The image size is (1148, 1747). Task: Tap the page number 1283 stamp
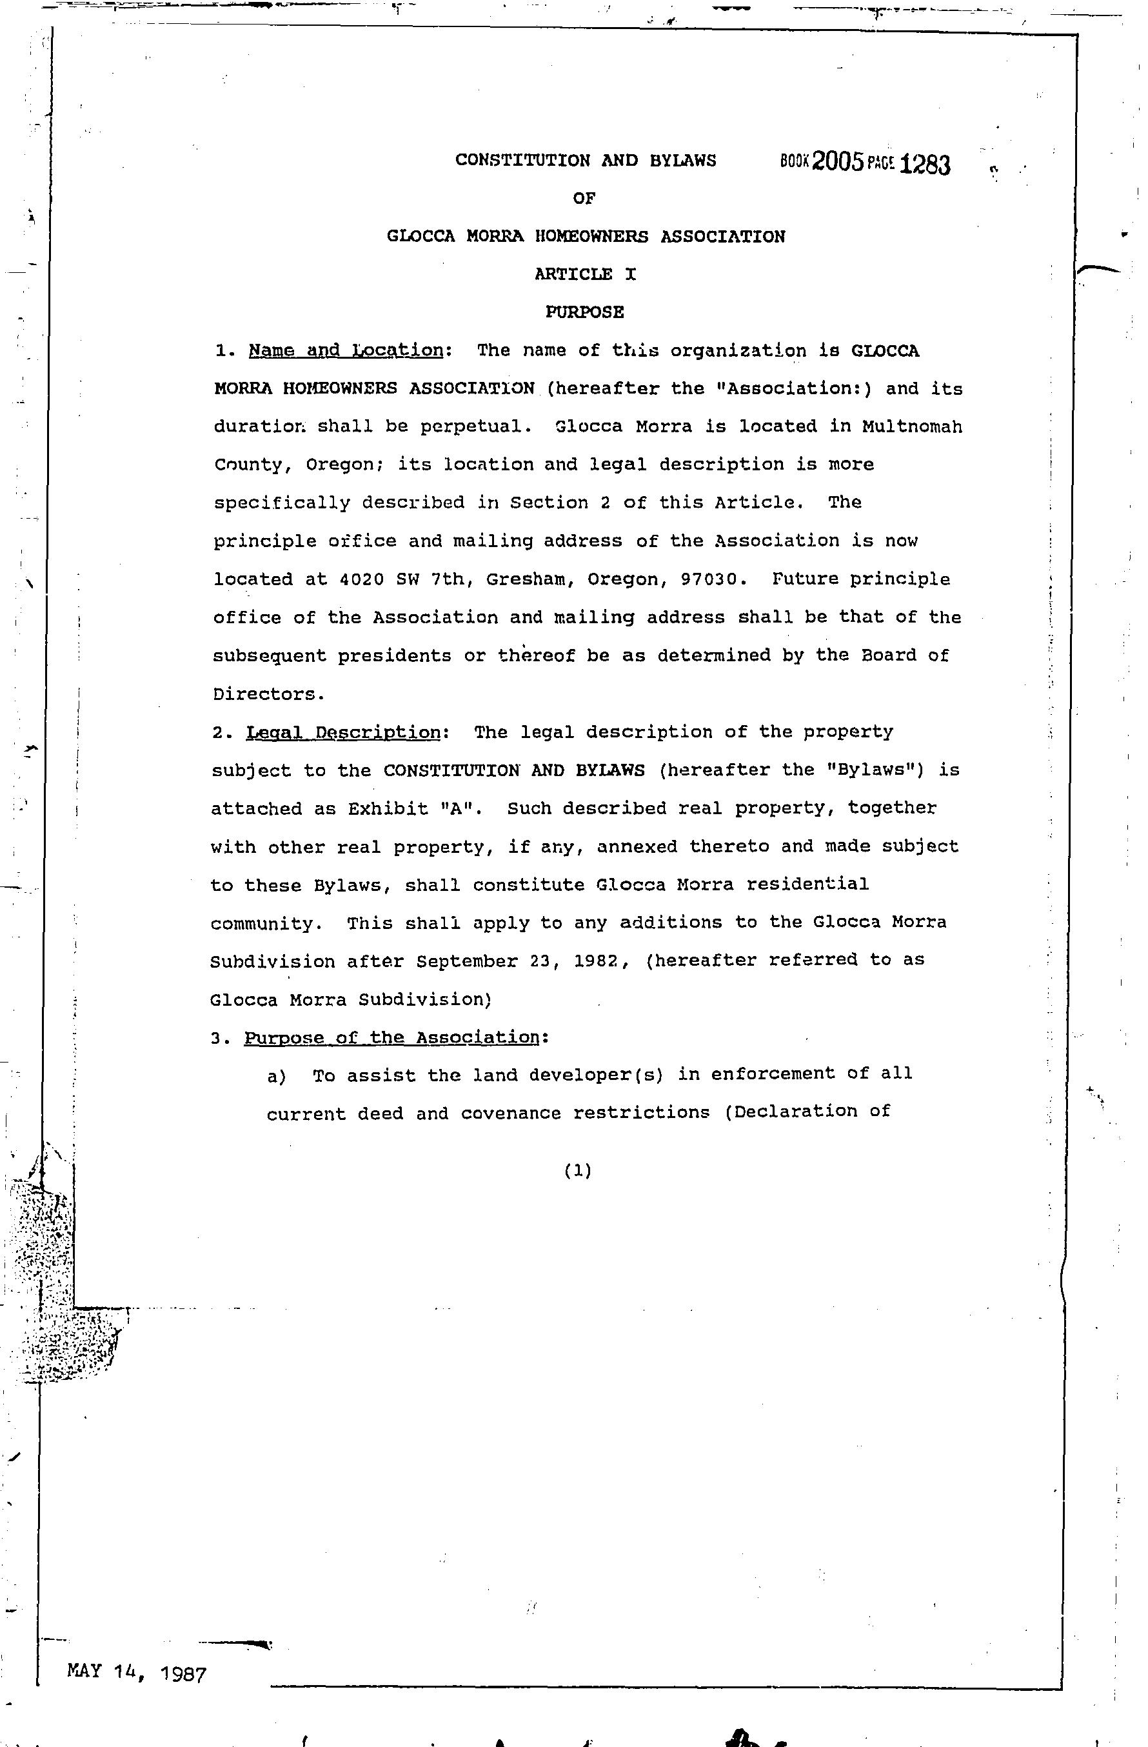point(924,164)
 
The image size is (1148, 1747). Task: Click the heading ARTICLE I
point(585,275)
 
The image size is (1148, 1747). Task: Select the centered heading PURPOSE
point(584,312)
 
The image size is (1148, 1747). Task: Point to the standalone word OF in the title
point(584,198)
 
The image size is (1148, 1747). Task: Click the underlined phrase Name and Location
point(346,351)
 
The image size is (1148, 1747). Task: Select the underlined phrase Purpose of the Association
point(393,1038)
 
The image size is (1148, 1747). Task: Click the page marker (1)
point(578,1172)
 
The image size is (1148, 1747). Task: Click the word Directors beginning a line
point(266,694)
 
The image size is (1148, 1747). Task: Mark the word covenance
point(511,1113)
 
